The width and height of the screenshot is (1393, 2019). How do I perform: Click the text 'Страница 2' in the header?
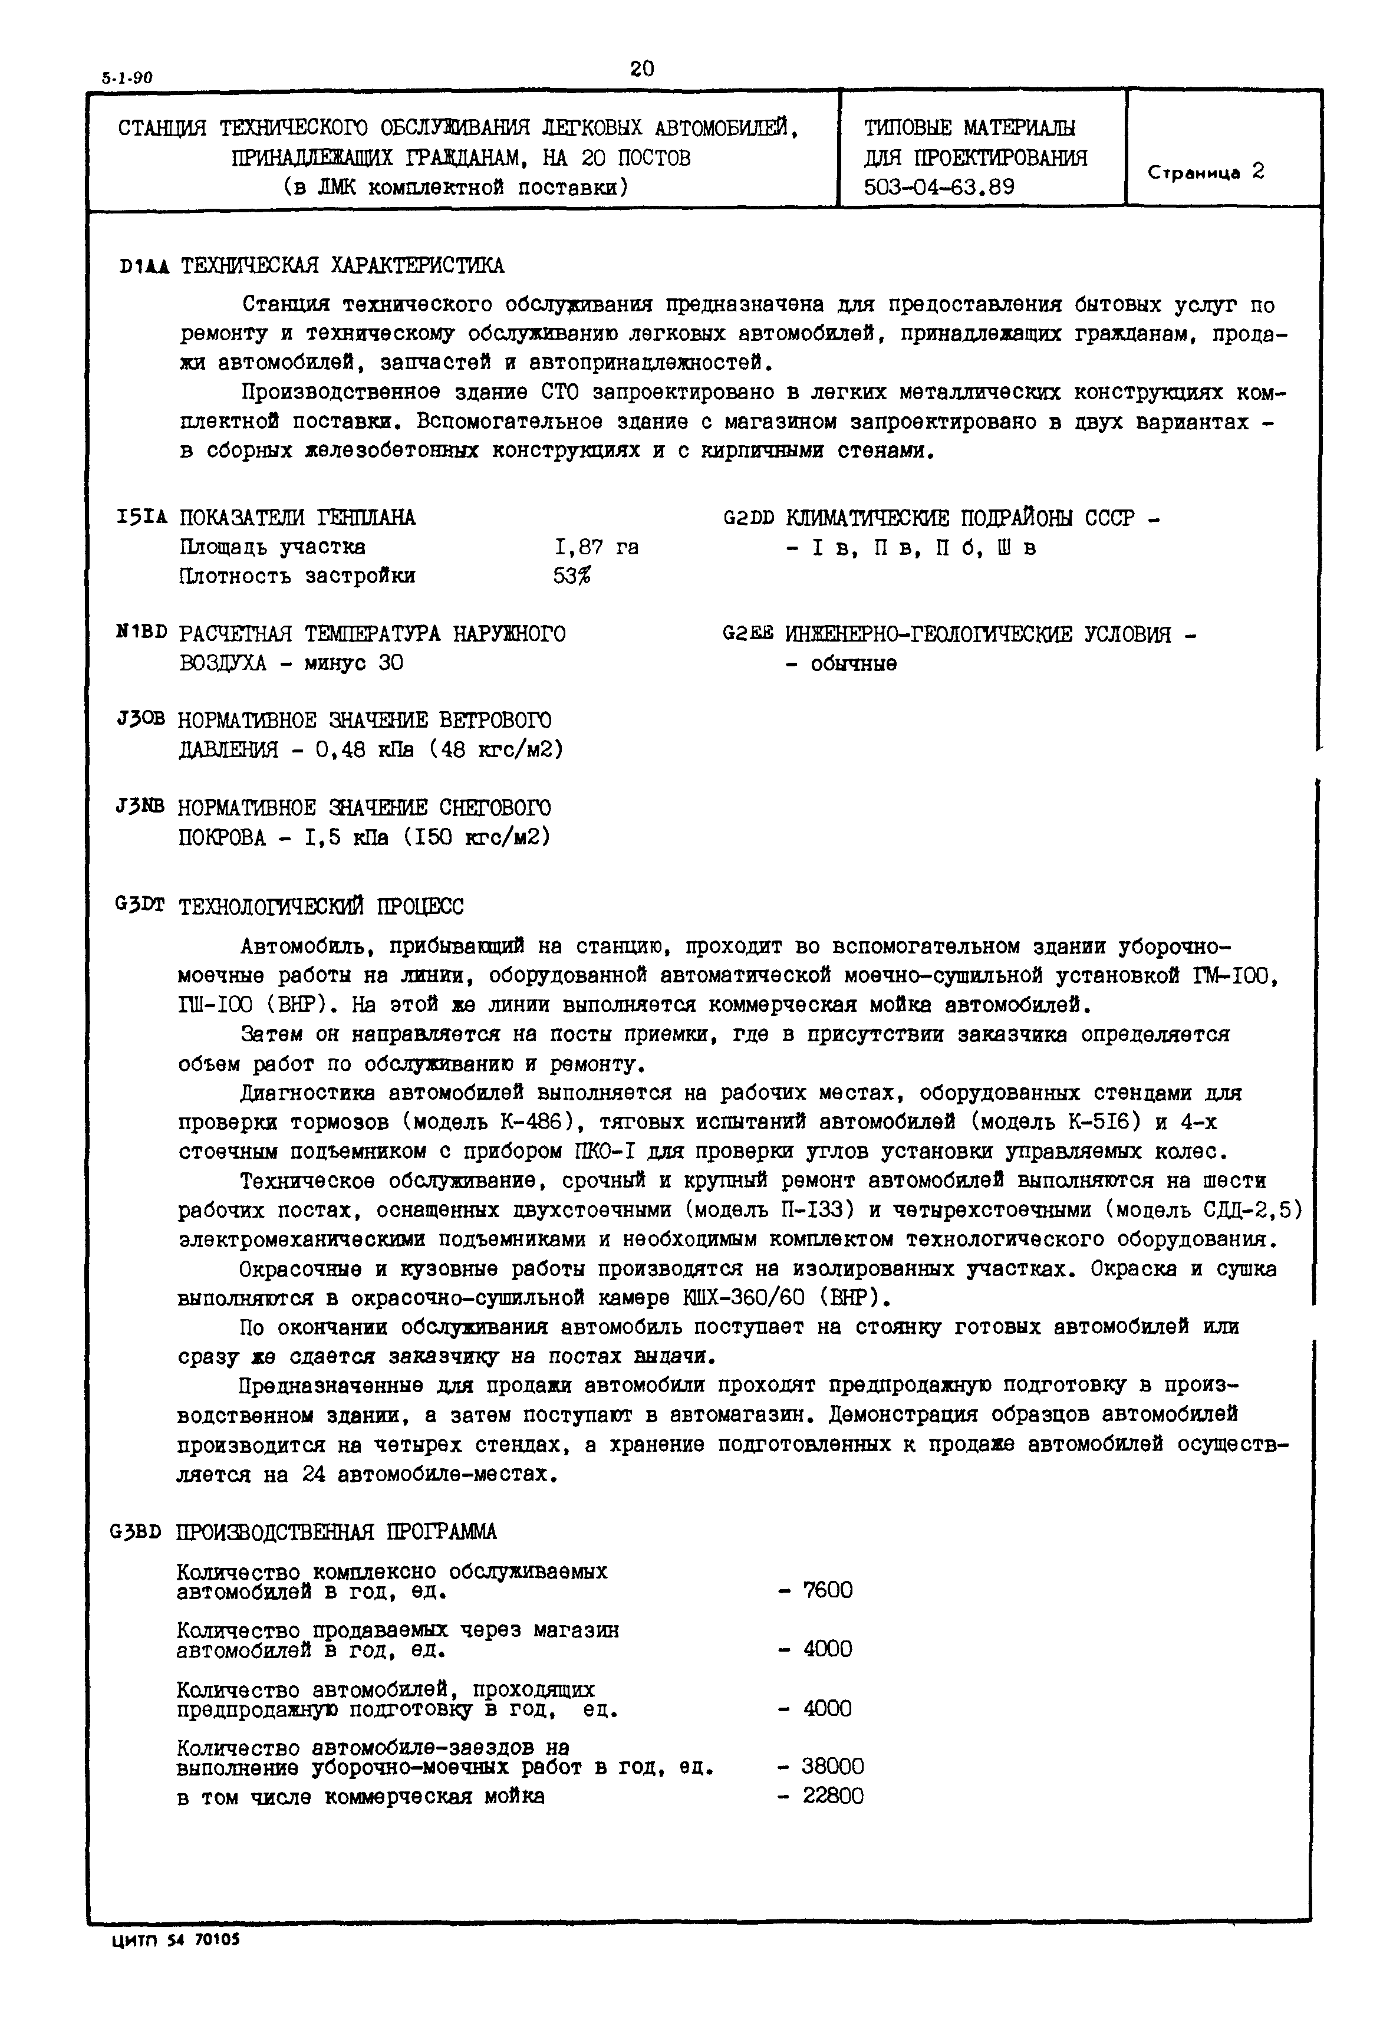(x=1206, y=172)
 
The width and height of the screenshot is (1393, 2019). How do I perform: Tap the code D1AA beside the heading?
(x=146, y=265)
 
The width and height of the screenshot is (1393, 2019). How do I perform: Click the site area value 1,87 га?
(x=596, y=547)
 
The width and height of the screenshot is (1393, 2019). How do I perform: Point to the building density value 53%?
(x=572, y=576)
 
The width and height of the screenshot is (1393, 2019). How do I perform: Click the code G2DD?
(x=749, y=518)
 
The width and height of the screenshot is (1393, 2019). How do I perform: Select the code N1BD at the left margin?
(x=141, y=632)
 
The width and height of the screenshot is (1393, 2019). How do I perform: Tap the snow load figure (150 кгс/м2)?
(x=476, y=837)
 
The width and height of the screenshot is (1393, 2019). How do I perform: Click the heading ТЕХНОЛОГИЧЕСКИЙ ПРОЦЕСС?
(x=321, y=907)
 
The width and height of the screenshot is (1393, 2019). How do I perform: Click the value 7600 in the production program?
(x=828, y=1590)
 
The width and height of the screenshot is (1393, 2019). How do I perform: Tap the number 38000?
(x=832, y=1767)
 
